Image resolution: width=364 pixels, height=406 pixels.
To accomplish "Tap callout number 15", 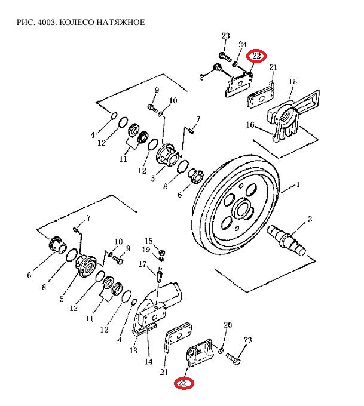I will pos(293,82).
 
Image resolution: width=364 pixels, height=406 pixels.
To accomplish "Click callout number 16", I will pos(250,125).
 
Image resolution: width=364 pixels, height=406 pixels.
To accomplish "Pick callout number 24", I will pos(243,45).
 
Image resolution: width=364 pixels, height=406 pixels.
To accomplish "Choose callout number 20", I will pos(227,325).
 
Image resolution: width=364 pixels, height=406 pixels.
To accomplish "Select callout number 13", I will pos(134,350).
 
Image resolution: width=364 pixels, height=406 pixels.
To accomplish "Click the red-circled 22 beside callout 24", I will pos(257,56).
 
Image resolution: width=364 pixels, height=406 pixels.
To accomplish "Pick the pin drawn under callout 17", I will pos(160,276).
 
